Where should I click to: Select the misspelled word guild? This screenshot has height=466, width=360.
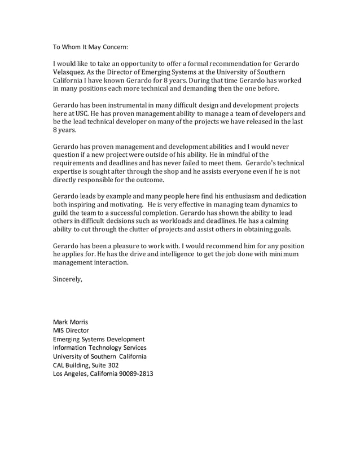tap(61, 214)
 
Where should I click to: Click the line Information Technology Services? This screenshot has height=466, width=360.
tap(99, 348)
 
